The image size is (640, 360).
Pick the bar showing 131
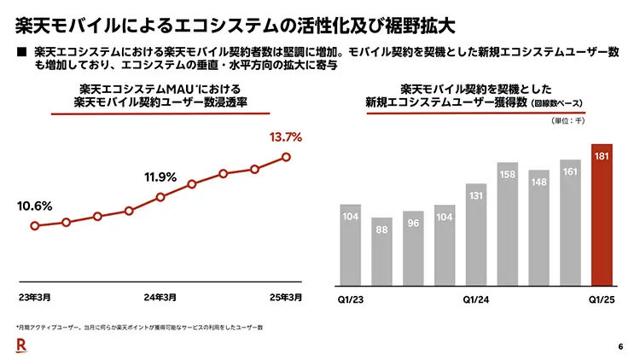(476, 234)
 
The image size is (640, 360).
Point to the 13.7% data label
(285, 136)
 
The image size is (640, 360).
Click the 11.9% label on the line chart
(160, 177)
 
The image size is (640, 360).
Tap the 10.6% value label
(35, 206)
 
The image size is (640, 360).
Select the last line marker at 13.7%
(286, 157)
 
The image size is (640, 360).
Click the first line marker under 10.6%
(34, 226)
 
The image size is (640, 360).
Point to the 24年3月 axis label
(160, 298)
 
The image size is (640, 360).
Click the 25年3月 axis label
(285, 298)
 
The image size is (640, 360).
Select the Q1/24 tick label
(476, 299)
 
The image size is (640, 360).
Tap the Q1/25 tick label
(602, 299)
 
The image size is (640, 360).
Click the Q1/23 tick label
(351, 299)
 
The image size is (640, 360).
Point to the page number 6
(620, 345)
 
